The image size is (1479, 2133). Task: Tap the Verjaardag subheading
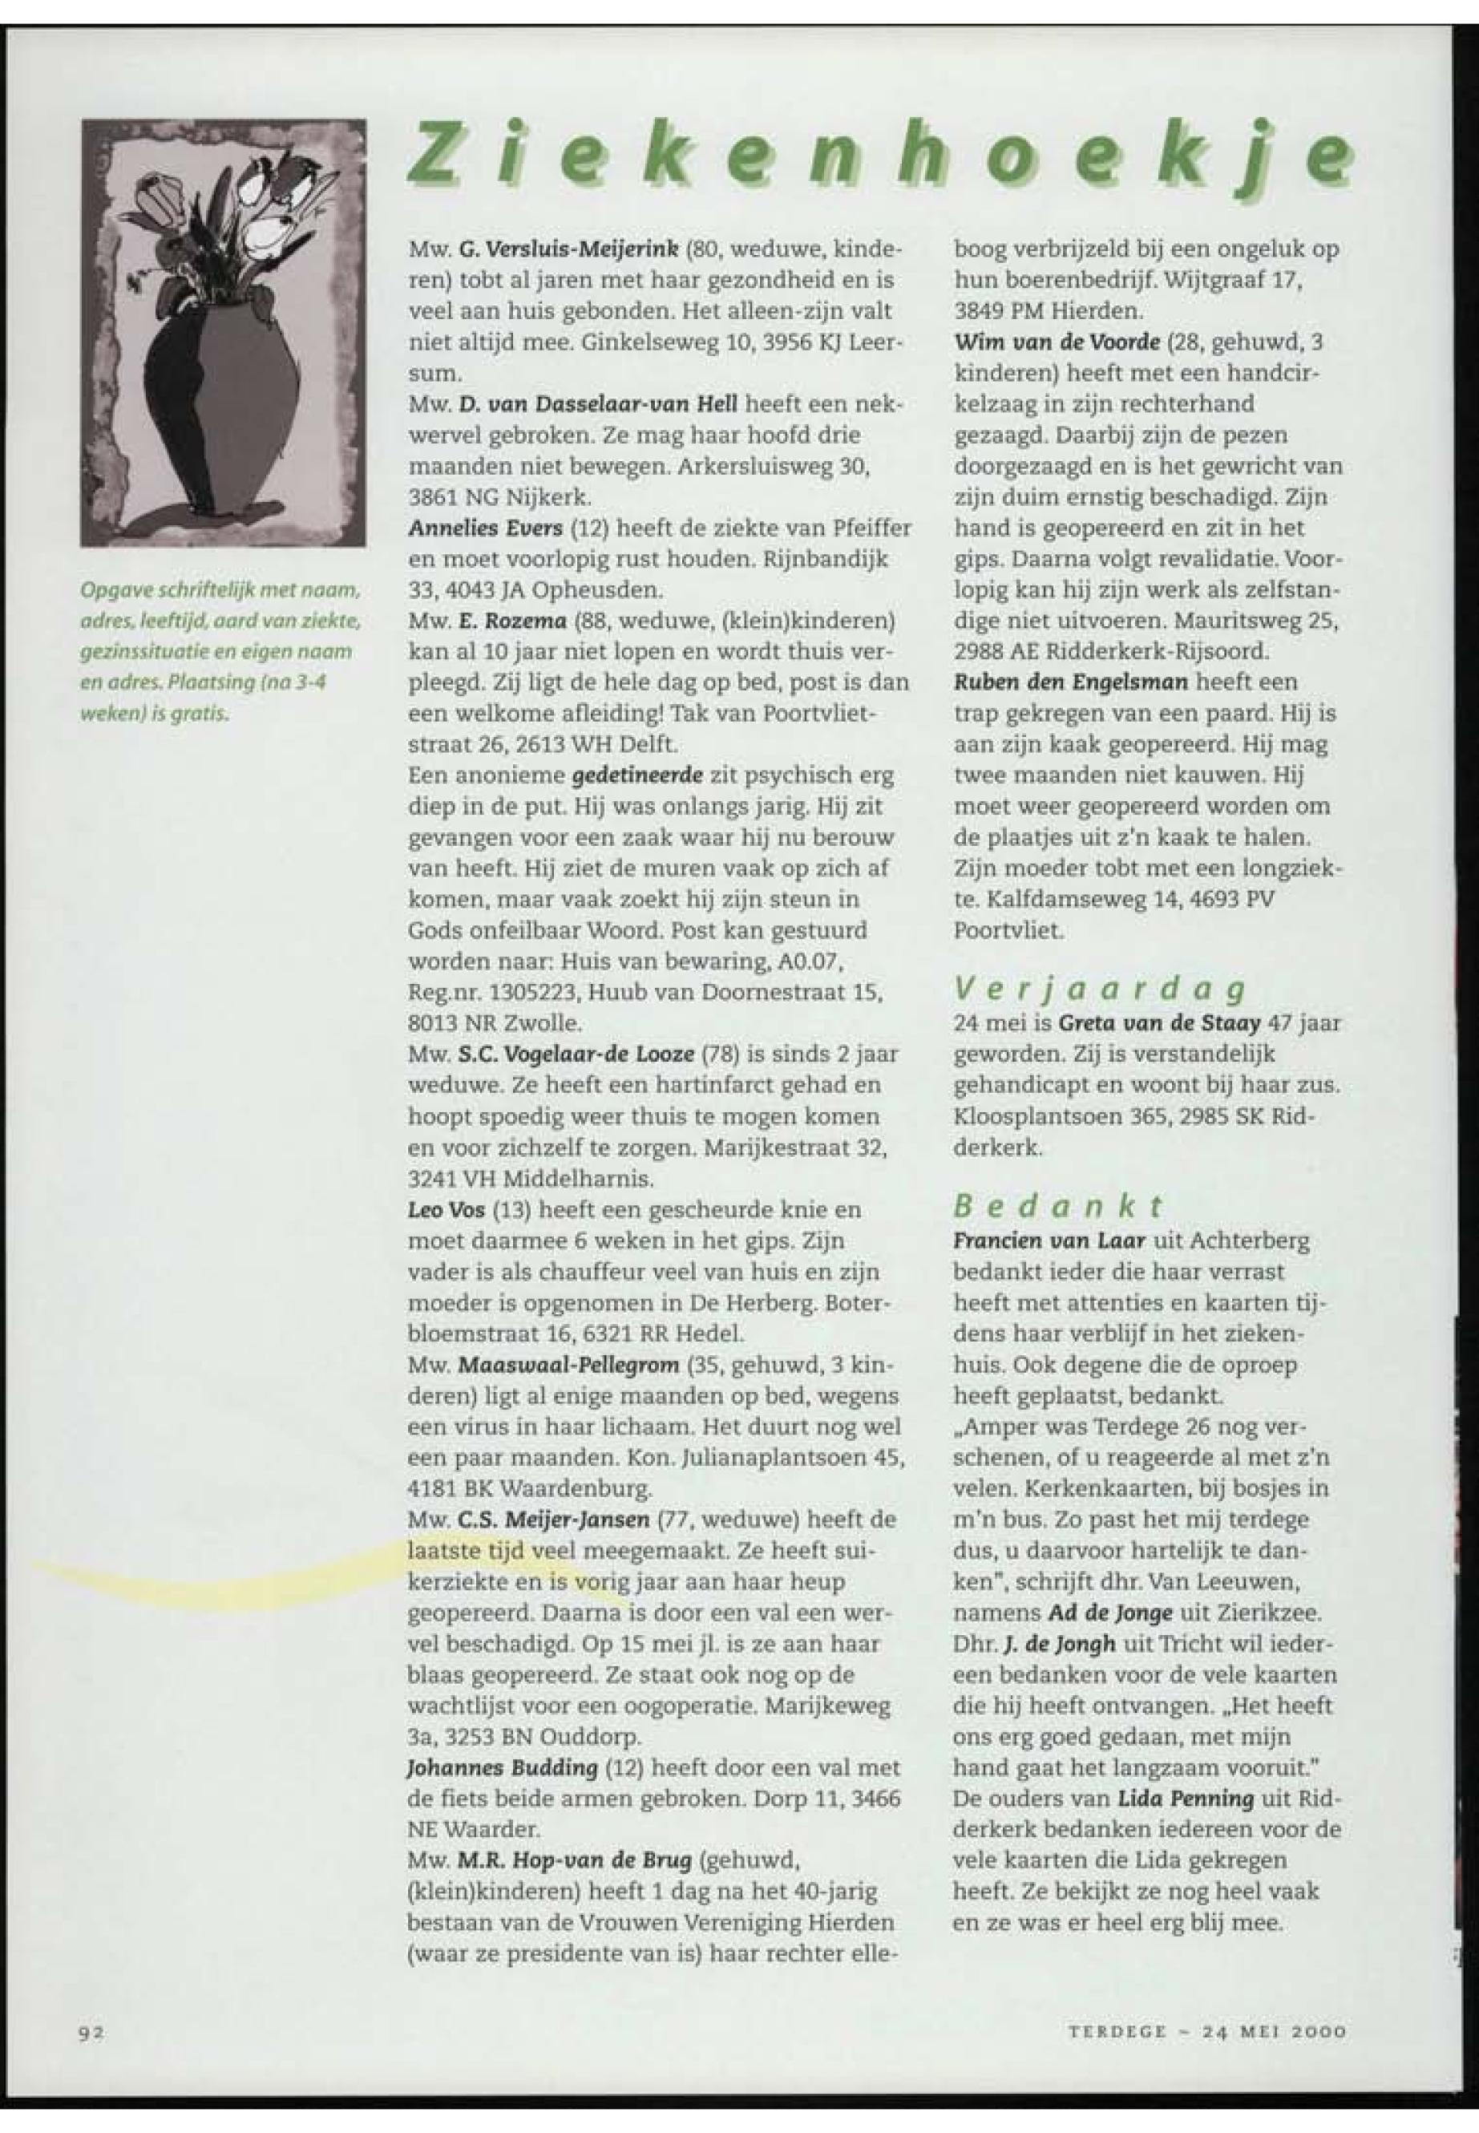1098,990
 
